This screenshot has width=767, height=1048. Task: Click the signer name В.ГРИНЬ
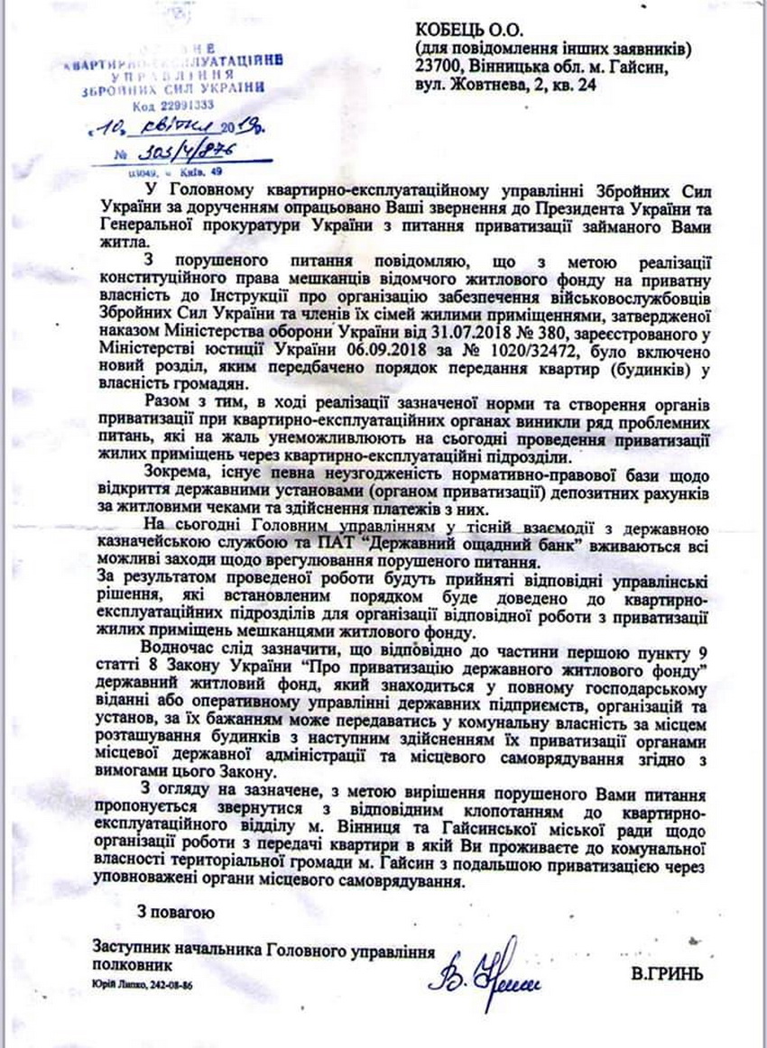pos(667,974)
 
